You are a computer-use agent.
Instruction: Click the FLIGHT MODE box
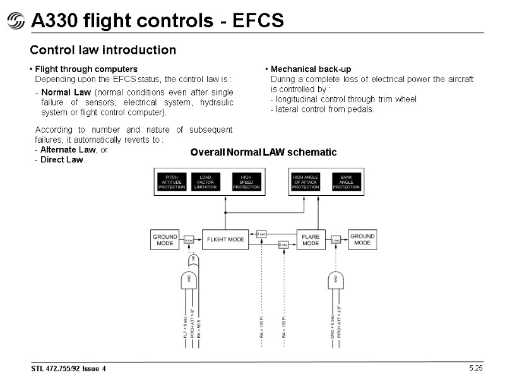pos(225,240)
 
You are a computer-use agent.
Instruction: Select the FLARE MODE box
pos(311,240)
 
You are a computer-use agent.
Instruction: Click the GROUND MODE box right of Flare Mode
pos(362,240)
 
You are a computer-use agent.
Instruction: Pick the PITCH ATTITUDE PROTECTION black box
pos(171,182)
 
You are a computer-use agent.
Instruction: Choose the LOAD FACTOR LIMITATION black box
pos(205,182)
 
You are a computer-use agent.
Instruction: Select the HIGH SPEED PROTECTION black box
pos(246,182)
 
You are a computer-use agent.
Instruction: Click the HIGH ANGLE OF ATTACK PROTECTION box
pos(306,182)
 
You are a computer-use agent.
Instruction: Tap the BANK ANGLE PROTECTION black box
pos(346,182)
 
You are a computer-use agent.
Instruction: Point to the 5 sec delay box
pos(188,241)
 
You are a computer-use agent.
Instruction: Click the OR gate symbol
pos(193,260)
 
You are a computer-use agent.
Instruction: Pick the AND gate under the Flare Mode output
pos(336,280)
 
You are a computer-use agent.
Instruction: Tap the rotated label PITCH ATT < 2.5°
pos(340,322)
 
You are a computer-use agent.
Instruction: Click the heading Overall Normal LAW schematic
pos(263,152)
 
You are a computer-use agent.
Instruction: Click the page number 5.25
pos(475,368)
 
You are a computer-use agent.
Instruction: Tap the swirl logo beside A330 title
pos(15,22)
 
